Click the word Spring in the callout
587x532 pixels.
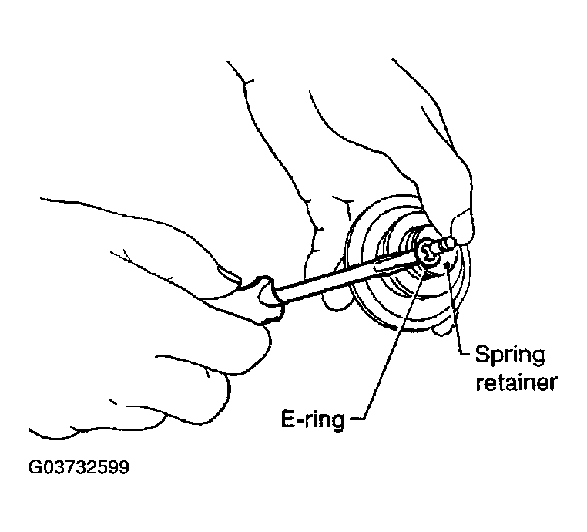[x=509, y=357]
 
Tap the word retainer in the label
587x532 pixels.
[x=517, y=382]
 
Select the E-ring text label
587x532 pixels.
[x=313, y=420]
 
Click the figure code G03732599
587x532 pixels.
[x=79, y=467]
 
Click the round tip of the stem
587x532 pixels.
[x=451, y=243]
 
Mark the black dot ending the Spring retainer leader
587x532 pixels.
[x=447, y=265]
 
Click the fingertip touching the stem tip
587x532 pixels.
[x=462, y=227]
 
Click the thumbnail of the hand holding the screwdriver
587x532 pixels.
[x=229, y=273]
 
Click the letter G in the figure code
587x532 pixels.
[x=35, y=467]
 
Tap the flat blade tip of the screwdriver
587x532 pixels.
[x=419, y=254]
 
